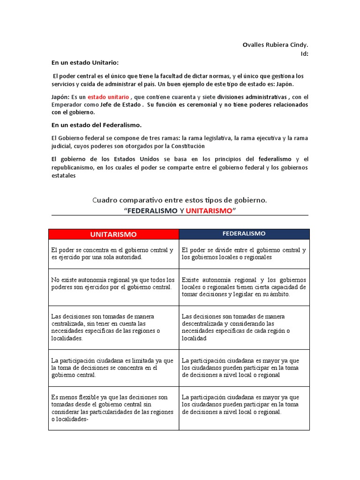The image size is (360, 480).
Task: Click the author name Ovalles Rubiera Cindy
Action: [x=275, y=45]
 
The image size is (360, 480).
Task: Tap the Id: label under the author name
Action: [x=304, y=53]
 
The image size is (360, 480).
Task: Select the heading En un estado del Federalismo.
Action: [x=96, y=125]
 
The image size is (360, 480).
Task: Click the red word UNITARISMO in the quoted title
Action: [x=209, y=210]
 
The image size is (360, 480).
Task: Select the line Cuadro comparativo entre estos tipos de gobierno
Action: [x=180, y=200]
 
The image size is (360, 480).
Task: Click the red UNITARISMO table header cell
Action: [x=113, y=234]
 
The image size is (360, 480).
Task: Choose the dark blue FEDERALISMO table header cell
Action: [x=244, y=233]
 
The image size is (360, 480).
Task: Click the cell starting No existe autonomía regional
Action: [x=113, y=283]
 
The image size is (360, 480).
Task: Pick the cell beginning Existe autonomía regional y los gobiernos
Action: [x=244, y=287]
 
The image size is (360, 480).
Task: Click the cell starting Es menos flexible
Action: [x=113, y=408]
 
